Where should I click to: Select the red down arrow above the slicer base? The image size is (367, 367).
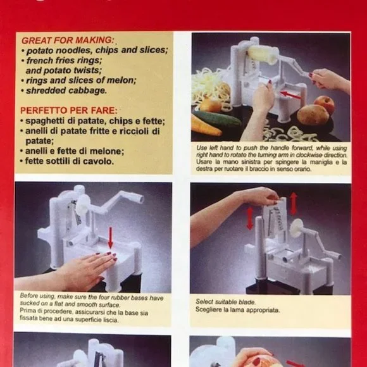(x=111, y=238)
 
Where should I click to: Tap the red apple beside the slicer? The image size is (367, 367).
(x=324, y=103)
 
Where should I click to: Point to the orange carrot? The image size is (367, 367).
(x=206, y=126)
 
